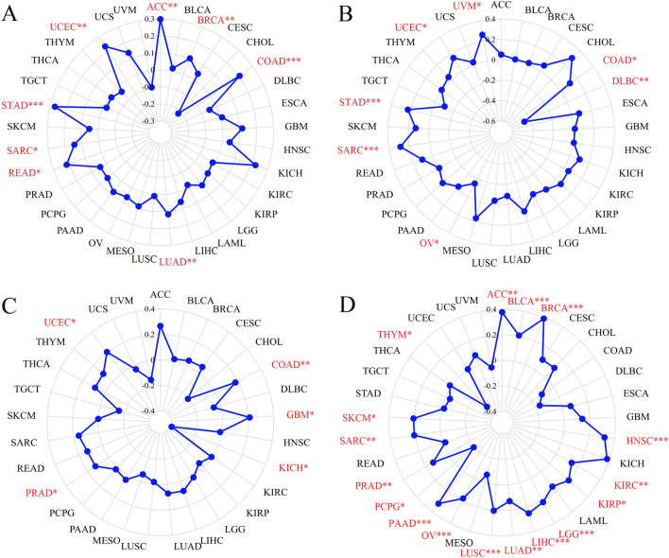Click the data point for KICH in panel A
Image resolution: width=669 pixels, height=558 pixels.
click(257, 166)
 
